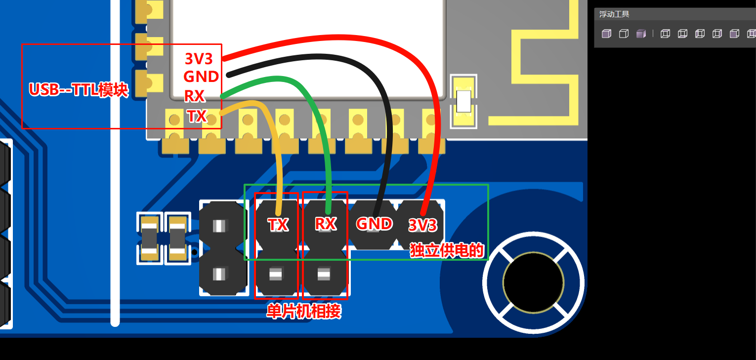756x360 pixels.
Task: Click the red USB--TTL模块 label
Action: pos(79,90)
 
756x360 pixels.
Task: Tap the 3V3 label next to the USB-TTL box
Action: pos(199,59)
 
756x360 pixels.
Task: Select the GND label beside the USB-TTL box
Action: pos(201,77)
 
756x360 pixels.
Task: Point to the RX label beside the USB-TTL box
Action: pos(194,95)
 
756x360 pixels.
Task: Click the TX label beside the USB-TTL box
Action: pos(197,116)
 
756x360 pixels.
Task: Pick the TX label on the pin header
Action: pos(278,225)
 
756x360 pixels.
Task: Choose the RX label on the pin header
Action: pos(326,224)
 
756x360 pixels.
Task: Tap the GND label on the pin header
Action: pos(374,224)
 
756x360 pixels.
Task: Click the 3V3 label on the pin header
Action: pos(422,226)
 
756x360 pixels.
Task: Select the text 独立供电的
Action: pos(446,250)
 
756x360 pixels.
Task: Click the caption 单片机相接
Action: pos(303,312)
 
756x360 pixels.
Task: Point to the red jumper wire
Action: pos(346,38)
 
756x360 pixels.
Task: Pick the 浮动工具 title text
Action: pos(614,14)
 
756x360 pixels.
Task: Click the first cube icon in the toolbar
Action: pos(606,34)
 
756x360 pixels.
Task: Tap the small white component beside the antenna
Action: pos(463,101)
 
